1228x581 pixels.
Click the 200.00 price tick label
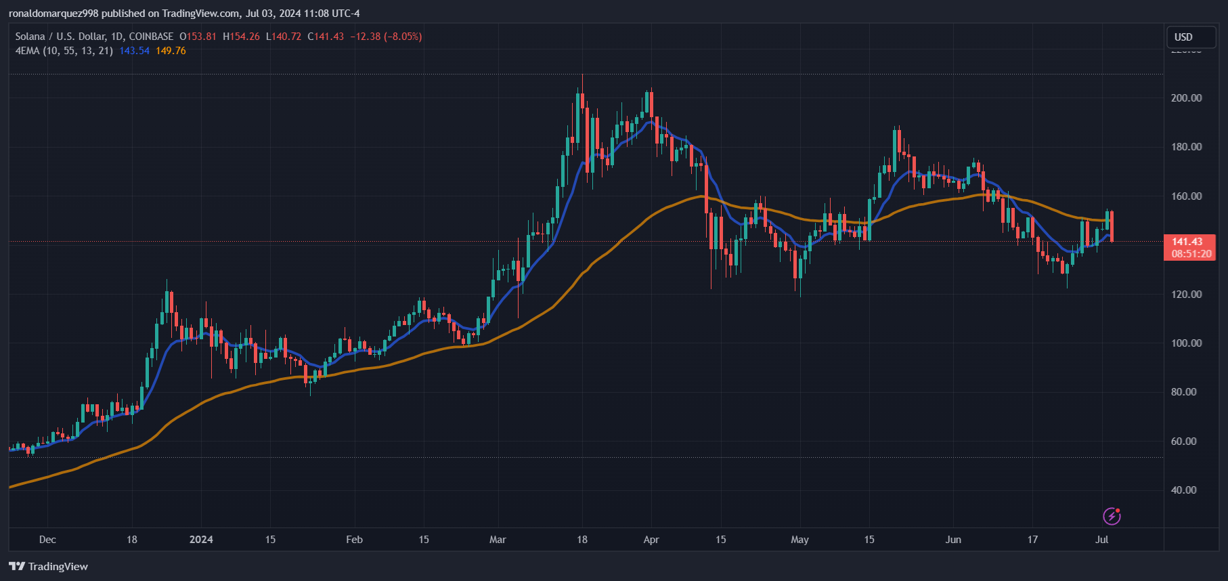pyautogui.click(x=1186, y=98)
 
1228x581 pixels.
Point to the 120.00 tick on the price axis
pyautogui.click(x=1186, y=295)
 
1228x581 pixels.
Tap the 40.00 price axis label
pyautogui.click(x=1183, y=490)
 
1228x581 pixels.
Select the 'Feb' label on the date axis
pyautogui.click(x=354, y=540)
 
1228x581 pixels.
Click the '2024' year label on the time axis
pyautogui.click(x=201, y=540)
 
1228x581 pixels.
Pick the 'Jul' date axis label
pyautogui.click(x=1101, y=540)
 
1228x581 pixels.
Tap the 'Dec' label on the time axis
pyautogui.click(x=47, y=540)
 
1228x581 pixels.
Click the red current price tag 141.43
pyautogui.click(x=1187, y=242)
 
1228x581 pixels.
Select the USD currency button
pyautogui.click(x=1183, y=37)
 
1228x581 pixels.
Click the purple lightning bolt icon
pyautogui.click(x=1112, y=516)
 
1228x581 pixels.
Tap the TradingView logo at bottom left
pyautogui.click(x=48, y=567)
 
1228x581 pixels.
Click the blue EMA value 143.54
pyautogui.click(x=134, y=51)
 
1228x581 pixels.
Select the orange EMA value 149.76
pyautogui.click(x=171, y=51)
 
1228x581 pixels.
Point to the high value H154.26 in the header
pyautogui.click(x=242, y=37)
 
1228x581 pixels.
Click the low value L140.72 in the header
pyautogui.click(x=284, y=37)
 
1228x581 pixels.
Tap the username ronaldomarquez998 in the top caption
pyautogui.click(x=53, y=14)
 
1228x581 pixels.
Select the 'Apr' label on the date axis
pyautogui.click(x=651, y=540)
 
